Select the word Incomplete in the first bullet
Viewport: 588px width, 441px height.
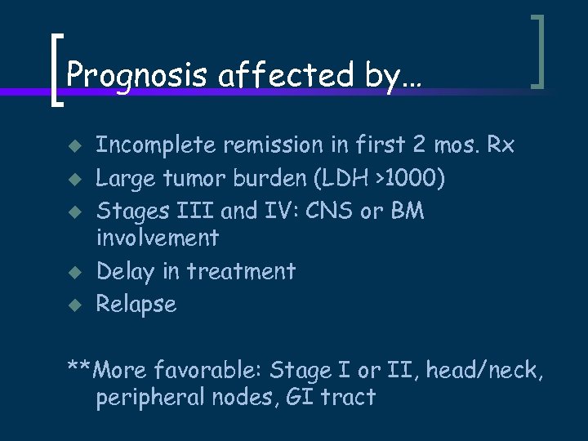coord(154,145)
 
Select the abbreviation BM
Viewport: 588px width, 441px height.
coord(408,211)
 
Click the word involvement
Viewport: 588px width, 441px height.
coord(157,238)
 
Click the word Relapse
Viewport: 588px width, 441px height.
coord(136,305)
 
